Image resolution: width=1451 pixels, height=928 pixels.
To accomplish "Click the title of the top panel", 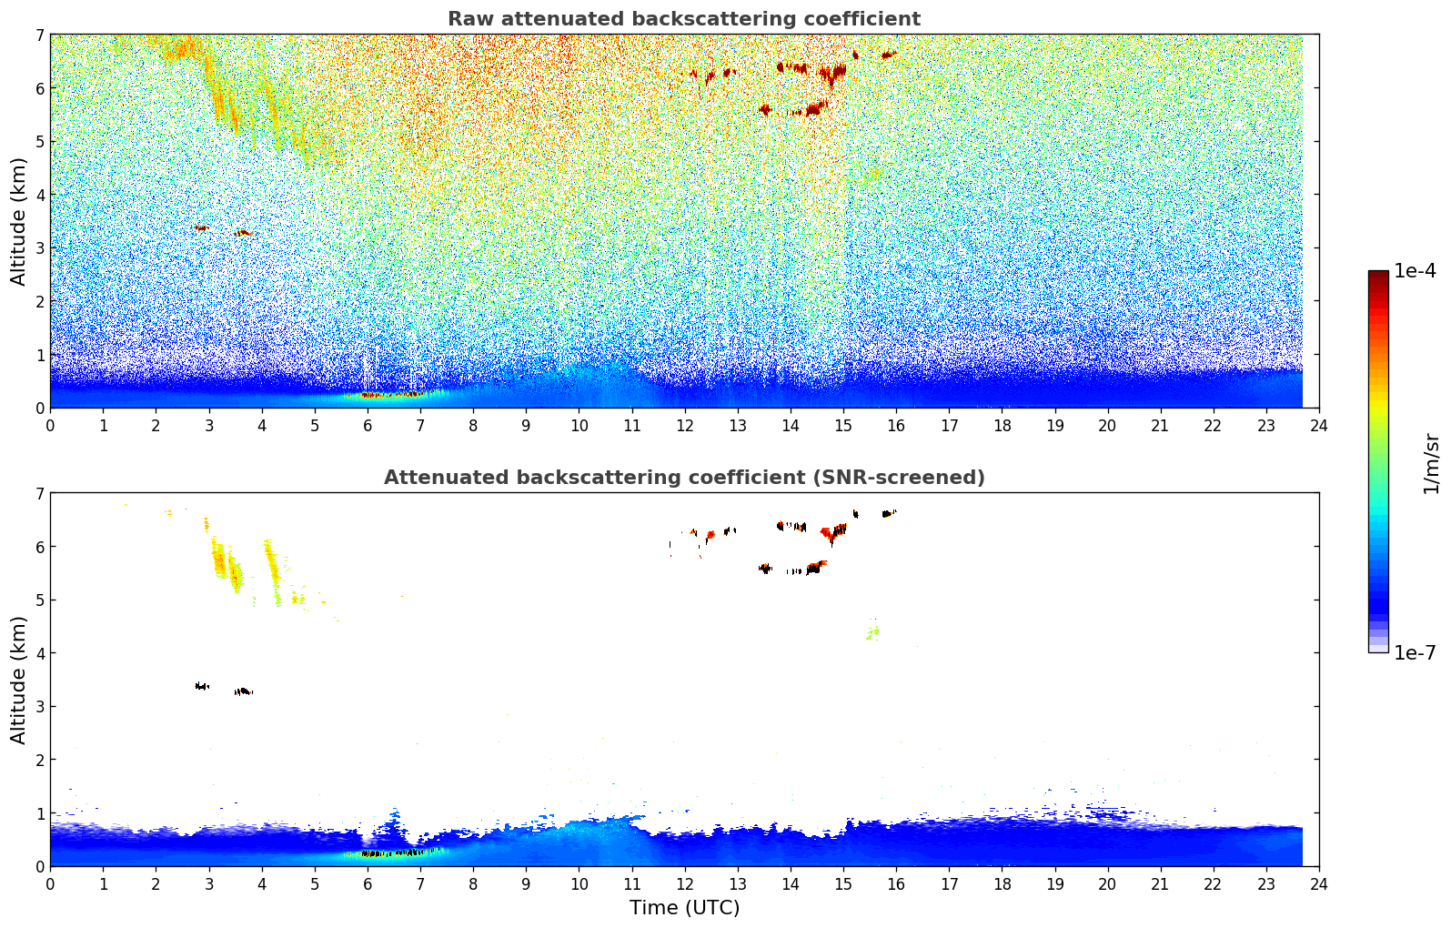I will [x=683, y=19].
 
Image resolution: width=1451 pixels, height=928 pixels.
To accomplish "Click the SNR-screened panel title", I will [x=683, y=478].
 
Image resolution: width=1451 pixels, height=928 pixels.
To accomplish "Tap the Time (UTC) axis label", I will [x=684, y=908].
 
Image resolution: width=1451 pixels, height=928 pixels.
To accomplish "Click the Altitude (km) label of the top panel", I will [x=18, y=221].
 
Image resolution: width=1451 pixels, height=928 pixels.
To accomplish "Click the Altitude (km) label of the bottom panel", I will [x=18, y=680].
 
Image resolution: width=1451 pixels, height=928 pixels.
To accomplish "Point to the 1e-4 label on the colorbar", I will [x=1415, y=271].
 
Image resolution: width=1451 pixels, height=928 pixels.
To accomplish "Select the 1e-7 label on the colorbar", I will [x=1415, y=652].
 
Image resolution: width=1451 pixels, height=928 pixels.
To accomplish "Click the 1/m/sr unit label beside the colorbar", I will [x=1431, y=462].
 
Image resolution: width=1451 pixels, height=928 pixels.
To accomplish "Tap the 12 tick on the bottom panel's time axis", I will [x=684, y=883].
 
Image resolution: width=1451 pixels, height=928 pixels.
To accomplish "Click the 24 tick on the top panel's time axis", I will [x=1318, y=425].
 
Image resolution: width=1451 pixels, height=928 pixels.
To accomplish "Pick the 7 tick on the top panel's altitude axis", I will [x=39, y=35].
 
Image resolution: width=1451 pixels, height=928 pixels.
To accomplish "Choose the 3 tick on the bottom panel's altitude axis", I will [x=39, y=707].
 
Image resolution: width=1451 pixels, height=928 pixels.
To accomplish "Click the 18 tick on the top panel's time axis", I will [x=1002, y=425].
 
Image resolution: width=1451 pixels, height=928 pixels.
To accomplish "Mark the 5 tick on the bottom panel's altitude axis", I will [x=39, y=600].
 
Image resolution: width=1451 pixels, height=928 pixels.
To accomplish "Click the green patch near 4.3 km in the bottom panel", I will [x=872, y=632].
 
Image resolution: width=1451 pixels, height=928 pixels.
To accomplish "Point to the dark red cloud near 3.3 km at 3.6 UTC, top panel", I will [x=242, y=233].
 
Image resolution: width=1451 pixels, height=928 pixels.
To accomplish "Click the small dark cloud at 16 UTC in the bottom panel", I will [x=888, y=514].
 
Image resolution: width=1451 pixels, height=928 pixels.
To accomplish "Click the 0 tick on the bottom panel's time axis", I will [x=50, y=883].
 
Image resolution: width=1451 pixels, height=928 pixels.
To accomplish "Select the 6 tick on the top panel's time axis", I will [x=368, y=425].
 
